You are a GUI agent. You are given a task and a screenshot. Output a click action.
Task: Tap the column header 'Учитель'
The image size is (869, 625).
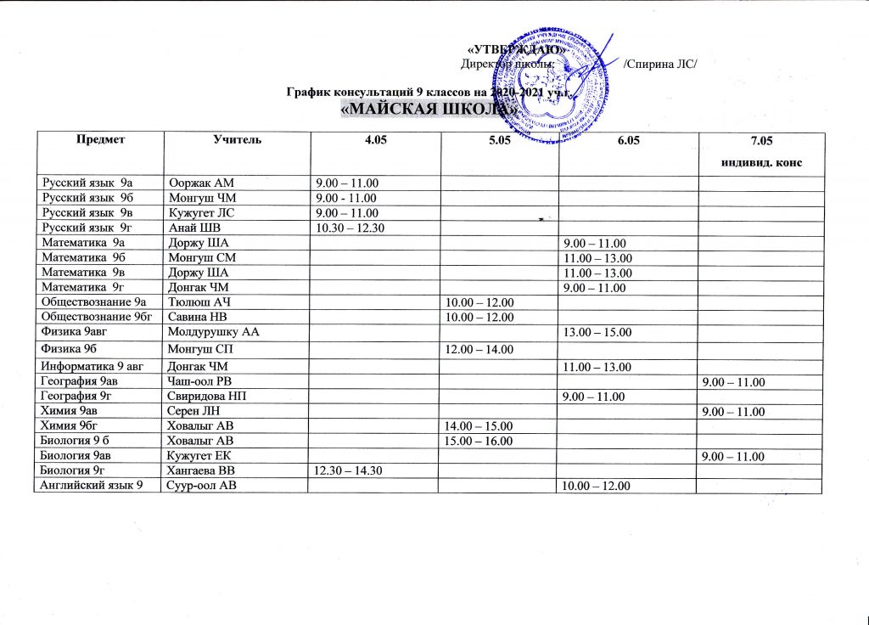coord(236,139)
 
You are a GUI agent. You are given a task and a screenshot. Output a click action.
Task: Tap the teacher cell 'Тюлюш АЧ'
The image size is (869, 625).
coord(198,303)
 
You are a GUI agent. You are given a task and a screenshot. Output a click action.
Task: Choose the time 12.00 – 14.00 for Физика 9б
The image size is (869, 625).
coord(481,350)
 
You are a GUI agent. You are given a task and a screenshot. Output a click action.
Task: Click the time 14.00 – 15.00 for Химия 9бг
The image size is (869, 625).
coord(481,425)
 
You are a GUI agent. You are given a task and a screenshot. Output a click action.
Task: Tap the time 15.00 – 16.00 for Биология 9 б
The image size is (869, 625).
coord(481,441)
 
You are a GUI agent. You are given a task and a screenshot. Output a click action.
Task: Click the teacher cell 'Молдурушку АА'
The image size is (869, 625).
coord(213,332)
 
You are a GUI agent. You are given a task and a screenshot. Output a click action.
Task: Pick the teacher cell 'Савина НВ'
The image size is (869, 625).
coord(198,318)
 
